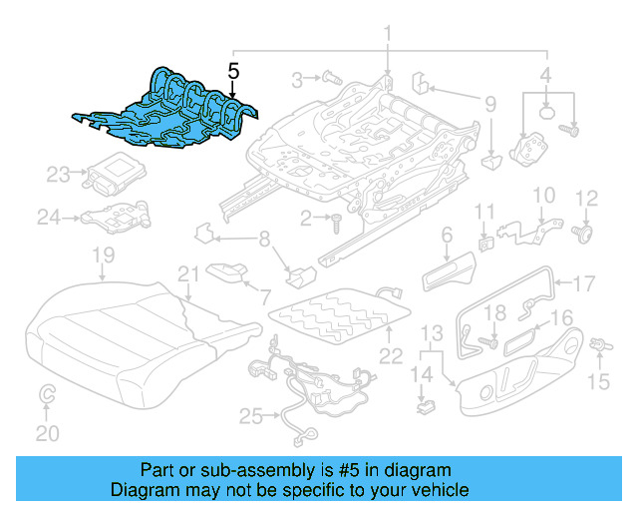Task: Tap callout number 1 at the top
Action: click(389, 37)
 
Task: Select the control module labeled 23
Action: click(116, 175)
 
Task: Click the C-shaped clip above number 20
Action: click(47, 397)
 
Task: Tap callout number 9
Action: click(489, 103)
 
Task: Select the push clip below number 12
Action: click(585, 236)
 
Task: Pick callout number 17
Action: click(583, 282)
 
